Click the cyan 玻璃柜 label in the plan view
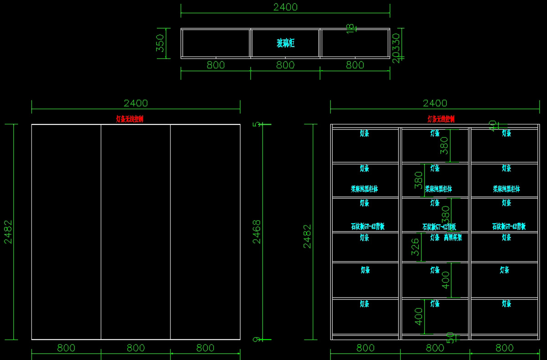click(x=285, y=43)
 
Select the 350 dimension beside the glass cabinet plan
click(x=160, y=43)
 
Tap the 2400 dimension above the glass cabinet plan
click(x=285, y=7)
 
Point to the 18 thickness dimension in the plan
click(x=350, y=29)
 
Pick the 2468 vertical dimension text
click(x=257, y=231)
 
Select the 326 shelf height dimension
click(x=415, y=247)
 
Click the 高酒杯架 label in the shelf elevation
click(x=453, y=237)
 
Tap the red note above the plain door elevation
click(x=129, y=119)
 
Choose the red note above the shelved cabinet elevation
click(x=441, y=119)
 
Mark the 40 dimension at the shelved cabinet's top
click(x=492, y=125)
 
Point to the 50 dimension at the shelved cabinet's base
click(x=450, y=337)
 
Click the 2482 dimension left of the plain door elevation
click(x=9, y=231)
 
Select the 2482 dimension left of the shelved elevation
click(x=308, y=236)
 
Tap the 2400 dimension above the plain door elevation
click(x=136, y=103)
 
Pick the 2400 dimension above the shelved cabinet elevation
click(x=435, y=103)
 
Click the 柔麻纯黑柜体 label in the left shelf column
click(x=364, y=189)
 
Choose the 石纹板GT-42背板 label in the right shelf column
click(x=509, y=226)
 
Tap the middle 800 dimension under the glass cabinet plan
click(x=285, y=65)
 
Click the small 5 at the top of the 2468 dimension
click(x=256, y=124)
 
